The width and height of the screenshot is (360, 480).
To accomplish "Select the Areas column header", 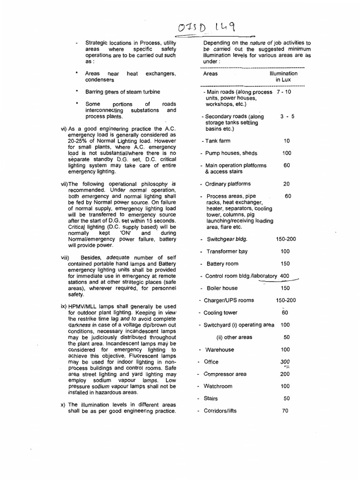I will [x=210, y=74].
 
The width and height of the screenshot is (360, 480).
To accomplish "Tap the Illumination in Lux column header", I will [x=283, y=77].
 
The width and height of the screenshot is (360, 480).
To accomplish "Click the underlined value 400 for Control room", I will [x=285, y=276].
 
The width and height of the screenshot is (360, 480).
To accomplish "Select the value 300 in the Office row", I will [x=285, y=362].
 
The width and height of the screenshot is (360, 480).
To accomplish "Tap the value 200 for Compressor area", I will [x=285, y=374].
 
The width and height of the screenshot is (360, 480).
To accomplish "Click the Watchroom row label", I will [x=218, y=386].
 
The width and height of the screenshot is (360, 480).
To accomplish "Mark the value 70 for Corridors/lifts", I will [x=285, y=411].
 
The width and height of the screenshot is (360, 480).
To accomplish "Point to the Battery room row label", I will [x=222, y=264].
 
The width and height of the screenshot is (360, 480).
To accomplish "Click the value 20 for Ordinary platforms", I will [x=286, y=184].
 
